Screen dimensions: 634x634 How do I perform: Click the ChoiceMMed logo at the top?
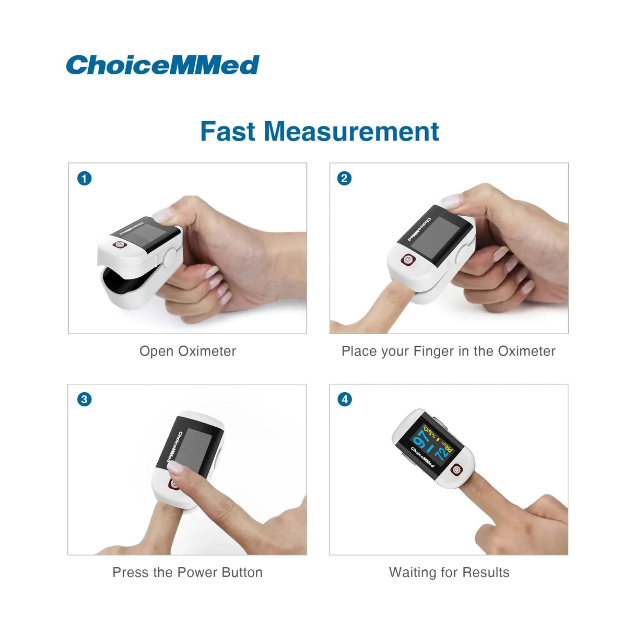pyautogui.click(x=162, y=65)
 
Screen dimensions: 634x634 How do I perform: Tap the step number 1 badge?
pyautogui.click(x=85, y=179)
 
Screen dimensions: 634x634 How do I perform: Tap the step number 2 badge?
pyautogui.click(x=344, y=179)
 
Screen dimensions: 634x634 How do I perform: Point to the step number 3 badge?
pyautogui.click(x=85, y=400)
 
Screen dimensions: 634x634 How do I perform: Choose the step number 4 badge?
pyautogui.click(x=344, y=400)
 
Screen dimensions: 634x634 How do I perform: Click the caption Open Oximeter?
pyautogui.click(x=187, y=351)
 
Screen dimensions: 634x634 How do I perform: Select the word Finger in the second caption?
pyautogui.click(x=433, y=351)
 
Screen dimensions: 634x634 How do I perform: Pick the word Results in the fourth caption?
pyautogui.click(x=486, y=572)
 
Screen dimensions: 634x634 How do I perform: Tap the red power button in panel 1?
pyautogui.click(x=119, y=244)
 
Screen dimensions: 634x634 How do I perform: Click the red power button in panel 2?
pyautogui.click(x=407, y=259)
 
